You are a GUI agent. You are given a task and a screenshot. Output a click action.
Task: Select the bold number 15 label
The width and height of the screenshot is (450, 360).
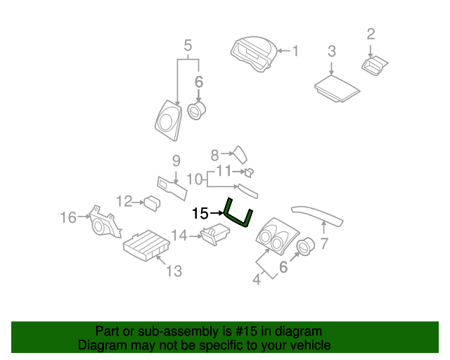(200, 212)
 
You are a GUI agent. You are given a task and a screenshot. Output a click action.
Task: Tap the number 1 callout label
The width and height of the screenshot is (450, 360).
(295, 51)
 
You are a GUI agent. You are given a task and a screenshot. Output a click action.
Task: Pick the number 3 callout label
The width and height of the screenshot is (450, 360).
(332, 51)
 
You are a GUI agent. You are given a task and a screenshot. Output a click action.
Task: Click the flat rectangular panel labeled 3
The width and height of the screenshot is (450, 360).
(337, 89)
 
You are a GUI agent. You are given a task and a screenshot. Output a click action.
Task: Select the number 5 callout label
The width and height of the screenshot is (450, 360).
(188, 46)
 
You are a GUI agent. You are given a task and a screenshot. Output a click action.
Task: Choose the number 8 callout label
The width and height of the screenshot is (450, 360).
(216, 152)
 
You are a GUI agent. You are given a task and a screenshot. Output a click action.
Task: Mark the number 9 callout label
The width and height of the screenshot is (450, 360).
(176, 160)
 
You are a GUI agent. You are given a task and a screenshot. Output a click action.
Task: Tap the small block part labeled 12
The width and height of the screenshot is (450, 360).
(151, 202)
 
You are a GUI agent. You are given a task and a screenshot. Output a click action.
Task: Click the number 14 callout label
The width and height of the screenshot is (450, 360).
(179, 236)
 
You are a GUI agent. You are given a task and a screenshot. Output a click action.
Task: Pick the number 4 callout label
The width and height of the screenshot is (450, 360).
(257, 279)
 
